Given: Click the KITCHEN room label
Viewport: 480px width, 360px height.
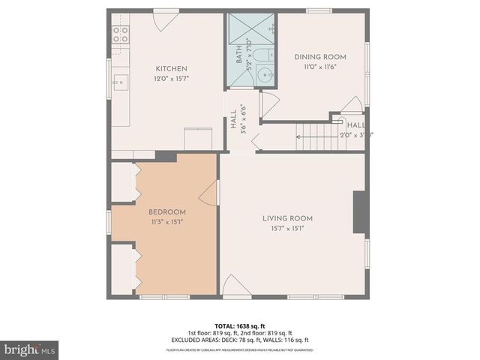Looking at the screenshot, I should point(171,68).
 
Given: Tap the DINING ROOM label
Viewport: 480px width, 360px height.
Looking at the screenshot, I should point(319,57).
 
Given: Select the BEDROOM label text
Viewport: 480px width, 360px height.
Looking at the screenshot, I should point(167,211).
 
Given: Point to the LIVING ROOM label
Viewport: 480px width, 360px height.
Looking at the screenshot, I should point(287,218).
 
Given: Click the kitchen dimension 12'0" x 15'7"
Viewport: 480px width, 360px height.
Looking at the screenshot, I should point(171,78).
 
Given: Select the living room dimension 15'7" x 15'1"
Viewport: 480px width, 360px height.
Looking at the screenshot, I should point(287,229).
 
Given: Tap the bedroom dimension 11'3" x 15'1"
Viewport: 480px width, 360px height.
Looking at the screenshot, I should point(167,222).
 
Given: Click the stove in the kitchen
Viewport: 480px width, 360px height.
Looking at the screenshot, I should point(120,34).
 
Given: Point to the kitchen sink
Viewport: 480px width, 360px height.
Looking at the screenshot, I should point(120,82).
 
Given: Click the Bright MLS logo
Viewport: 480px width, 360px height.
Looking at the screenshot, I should point(29,349).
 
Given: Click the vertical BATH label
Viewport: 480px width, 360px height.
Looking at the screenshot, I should point(239,57).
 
